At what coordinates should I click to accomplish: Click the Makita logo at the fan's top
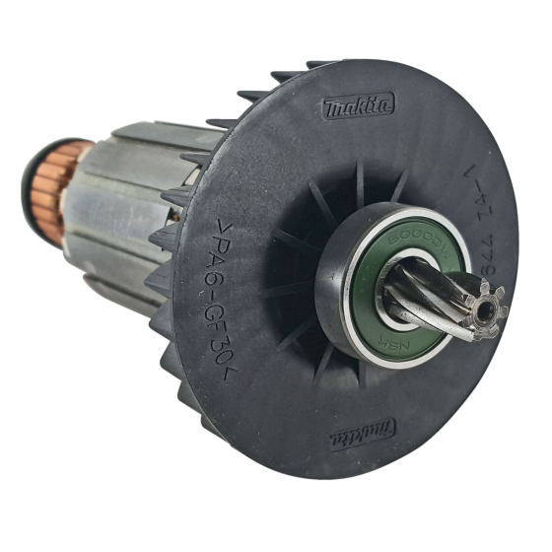pos(358,105)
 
